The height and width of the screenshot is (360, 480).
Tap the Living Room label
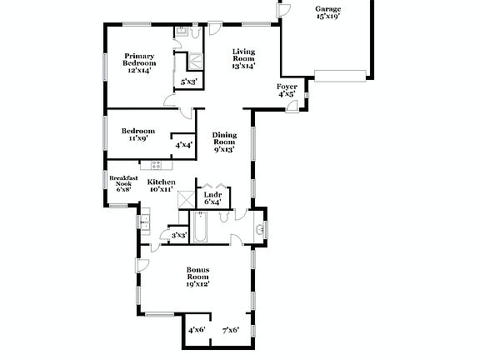[243, 53]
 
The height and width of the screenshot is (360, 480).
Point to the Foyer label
[287, 86]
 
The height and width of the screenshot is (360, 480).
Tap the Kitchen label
[162, 182]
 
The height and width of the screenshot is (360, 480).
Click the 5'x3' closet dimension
[189, 81]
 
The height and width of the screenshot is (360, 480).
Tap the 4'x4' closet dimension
[183, 144]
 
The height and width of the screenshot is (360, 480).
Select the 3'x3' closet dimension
[177, 236]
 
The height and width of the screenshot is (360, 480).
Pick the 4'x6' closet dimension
[197, 330]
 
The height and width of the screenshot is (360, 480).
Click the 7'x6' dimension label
[230, 330]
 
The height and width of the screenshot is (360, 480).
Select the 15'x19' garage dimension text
[327, 17]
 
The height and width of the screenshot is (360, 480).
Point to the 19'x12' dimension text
[197, 284]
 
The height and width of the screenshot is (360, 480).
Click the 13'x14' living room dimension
[243, 65]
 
